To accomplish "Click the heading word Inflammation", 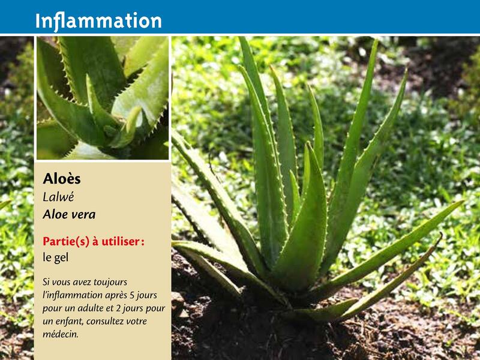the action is (98, 22).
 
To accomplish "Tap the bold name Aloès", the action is (62, 179).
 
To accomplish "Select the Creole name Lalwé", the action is (58, 197).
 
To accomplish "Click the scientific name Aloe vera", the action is (69, 215).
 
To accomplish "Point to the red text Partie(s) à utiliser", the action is (94, 242).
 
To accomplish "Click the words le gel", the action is (55, 258).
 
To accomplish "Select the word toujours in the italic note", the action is (110, 282).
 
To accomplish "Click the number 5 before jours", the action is (132, 295).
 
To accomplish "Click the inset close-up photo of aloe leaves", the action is (103, 98).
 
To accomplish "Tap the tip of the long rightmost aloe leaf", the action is (463, 201).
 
